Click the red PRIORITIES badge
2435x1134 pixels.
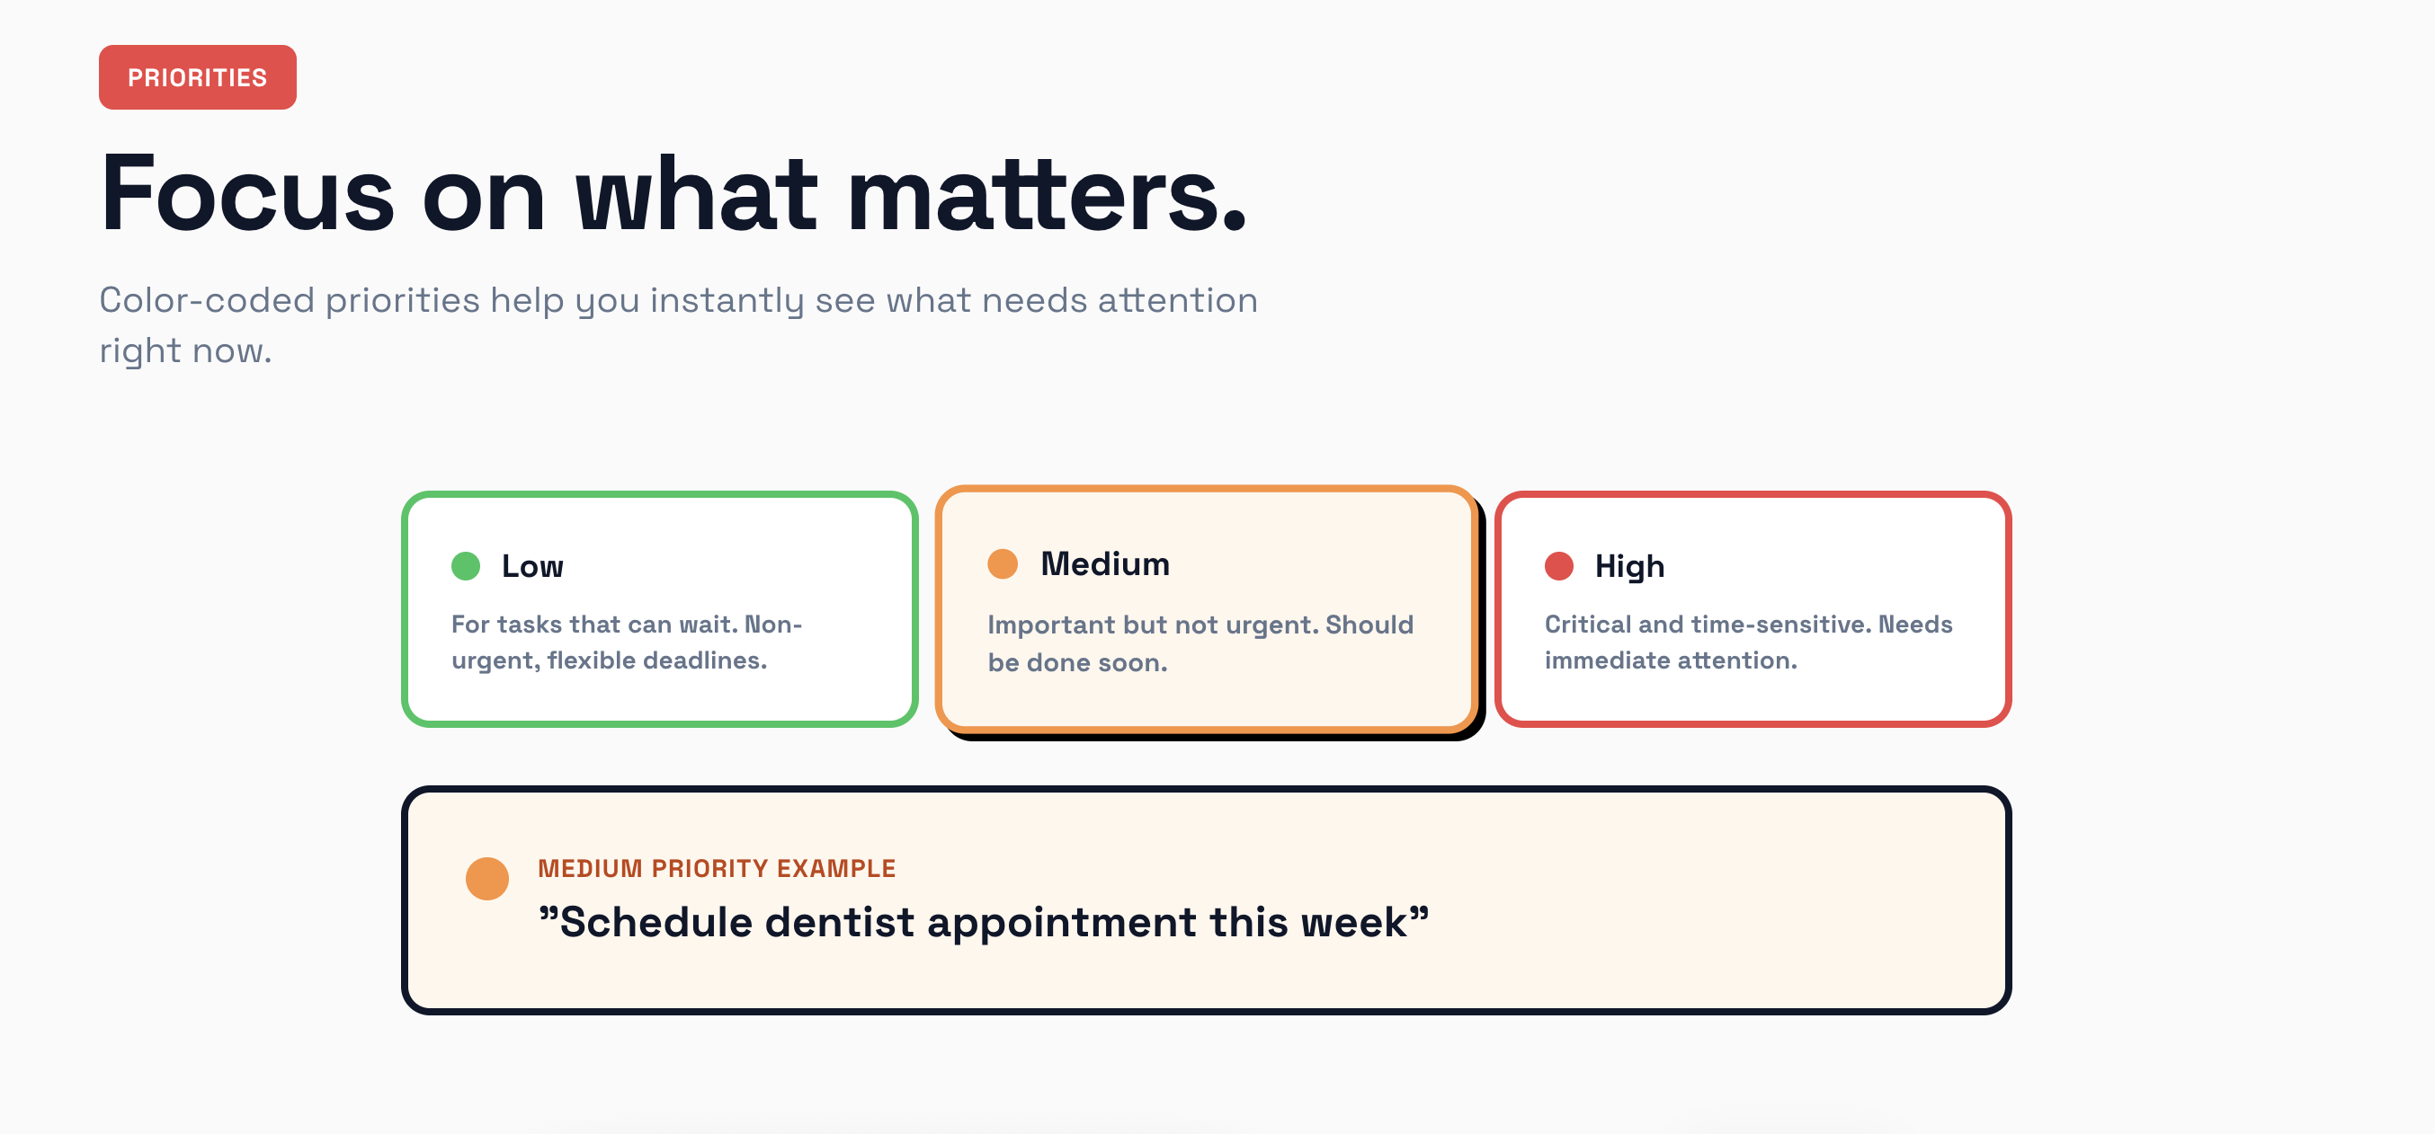tap(198, 77)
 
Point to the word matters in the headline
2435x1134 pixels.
tap(1047, 194)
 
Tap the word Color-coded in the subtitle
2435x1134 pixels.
tap(206, 300)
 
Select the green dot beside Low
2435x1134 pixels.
tap(466, 566)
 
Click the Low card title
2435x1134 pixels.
tap(532, 566)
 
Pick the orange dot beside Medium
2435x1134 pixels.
tap(1003, 564)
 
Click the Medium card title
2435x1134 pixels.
tap(1105, 564)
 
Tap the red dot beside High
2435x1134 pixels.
tap(1558, 566)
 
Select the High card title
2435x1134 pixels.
tap(1629, 566)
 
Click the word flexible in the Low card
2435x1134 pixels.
tap(591, 660)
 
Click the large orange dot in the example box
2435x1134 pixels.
tap(487, 879)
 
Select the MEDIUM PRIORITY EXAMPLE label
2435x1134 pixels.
tap(717, 868)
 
